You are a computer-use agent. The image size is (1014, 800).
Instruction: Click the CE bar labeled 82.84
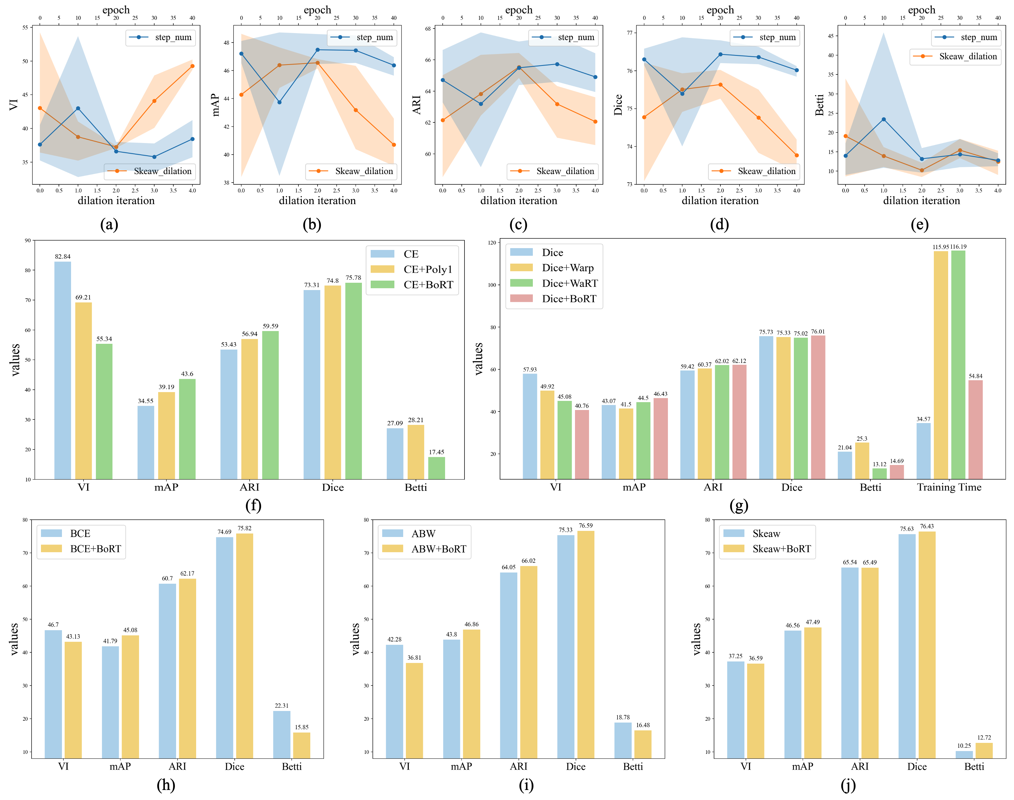[63, 370]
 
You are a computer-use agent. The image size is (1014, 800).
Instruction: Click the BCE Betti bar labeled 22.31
[281, 734]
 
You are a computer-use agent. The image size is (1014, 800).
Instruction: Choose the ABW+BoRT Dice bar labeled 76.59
[586, 644]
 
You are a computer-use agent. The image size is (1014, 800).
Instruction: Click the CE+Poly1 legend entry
[428, 269]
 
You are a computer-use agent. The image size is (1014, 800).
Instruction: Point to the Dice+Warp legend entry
[567, 268]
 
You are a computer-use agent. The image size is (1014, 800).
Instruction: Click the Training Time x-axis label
[949, 487]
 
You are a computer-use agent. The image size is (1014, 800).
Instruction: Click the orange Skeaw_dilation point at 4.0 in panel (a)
[192, 66]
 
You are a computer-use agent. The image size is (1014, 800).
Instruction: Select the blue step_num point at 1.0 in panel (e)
[883, 119]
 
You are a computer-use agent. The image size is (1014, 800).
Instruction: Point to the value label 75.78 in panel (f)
[353, 278]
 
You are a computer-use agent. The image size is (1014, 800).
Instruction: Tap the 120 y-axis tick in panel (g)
[492, 243]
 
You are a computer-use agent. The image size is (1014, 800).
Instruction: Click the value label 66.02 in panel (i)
[529, 561]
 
